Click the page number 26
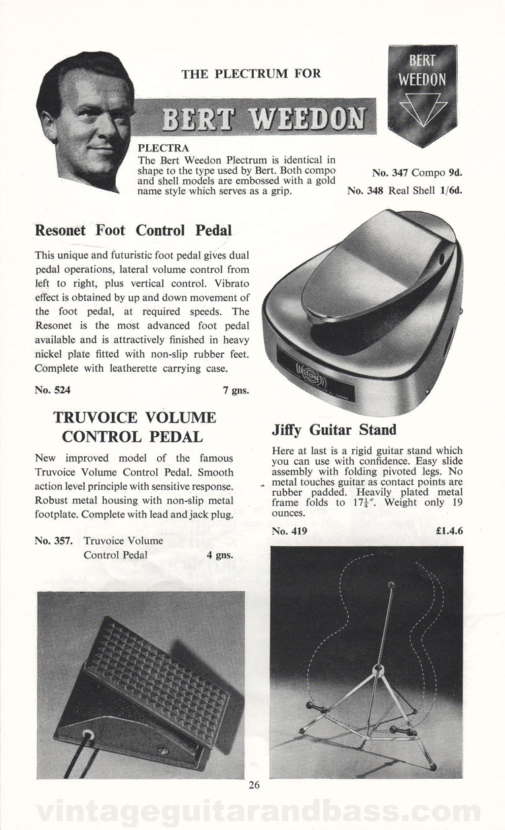[253, 784]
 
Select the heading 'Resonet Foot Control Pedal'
[133, 230]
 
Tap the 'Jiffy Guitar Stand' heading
[334, 429]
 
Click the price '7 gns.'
[234, 389]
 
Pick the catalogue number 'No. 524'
[53, 389]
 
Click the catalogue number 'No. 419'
[290, 532]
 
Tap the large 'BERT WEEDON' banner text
[261, 121]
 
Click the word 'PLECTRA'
[163, 146]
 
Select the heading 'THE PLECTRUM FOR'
[251, 74]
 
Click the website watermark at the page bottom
[252, 810]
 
